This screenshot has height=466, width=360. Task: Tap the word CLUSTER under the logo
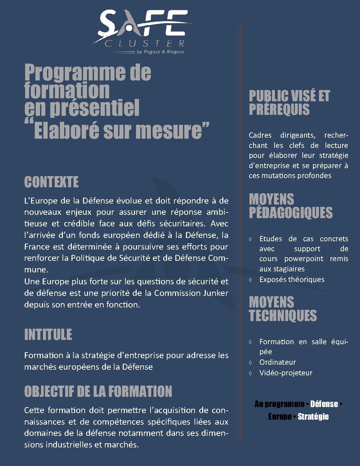pyautogui.click(x=145, y=44)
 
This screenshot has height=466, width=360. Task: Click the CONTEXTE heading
pyautogui.click(x=51, y=182)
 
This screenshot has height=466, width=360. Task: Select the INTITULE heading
pyautogui.click(x=48, y=335)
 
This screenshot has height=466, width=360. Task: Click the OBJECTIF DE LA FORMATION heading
pyautogui.click(x=98, y=392)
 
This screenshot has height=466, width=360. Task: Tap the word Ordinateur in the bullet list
pyautogui.click(x=277, y=362)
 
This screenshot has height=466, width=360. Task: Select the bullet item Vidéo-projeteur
pyautogui.click(x=286, y=373)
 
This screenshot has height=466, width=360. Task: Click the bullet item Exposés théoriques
pyautogui.click(x=292, y=279)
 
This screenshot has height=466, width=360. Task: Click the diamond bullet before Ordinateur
pyautogui.click(x=250, y=363)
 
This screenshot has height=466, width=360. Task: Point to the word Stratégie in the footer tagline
pyautogui.click(x=313, y=416)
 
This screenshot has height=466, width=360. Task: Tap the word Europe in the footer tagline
pyautogui.click(x=280, y=416)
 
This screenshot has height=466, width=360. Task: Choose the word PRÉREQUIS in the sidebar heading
pyautogui.click(x=279, y=109)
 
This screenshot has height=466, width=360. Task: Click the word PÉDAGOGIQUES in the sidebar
pyautogui.click(x=291, y=212)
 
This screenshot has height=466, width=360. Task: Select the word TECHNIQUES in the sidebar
pyautogui.click(x=283, y=315)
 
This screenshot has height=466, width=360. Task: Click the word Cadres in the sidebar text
pyautogui.click(x=260, y=135)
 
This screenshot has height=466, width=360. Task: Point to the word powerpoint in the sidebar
pyautogui.click(x=304, y=258)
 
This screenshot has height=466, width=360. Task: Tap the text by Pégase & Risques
pyautogui.click(x=160, y=52)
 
